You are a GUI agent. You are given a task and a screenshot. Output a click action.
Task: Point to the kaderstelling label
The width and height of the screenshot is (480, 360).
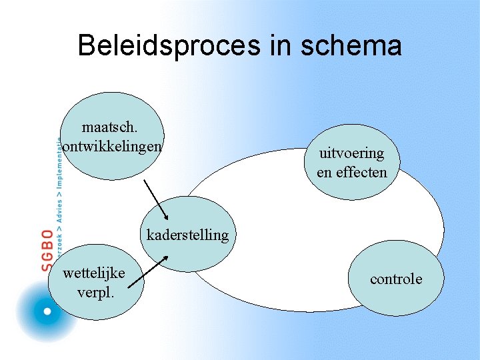tap(187, 235)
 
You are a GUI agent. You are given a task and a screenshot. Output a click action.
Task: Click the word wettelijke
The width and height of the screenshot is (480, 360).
tap(93, 273)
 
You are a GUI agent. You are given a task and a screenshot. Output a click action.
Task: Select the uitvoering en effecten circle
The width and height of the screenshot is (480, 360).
tap(352, 163)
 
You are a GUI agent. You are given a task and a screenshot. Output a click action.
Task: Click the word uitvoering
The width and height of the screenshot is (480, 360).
tap(351, 153)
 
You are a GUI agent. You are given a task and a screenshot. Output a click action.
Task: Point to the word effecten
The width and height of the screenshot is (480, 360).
tap(360, 172)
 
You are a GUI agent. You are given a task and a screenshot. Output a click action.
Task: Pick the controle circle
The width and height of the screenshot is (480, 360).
tap(396, 279)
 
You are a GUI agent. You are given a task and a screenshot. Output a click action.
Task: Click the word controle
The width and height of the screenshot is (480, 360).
tap(396, 279)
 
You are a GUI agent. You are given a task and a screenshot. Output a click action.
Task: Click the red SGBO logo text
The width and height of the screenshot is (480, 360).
tap(47, 250)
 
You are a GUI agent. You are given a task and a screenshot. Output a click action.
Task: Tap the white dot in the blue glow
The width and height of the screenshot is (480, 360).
tap(47, 311)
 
